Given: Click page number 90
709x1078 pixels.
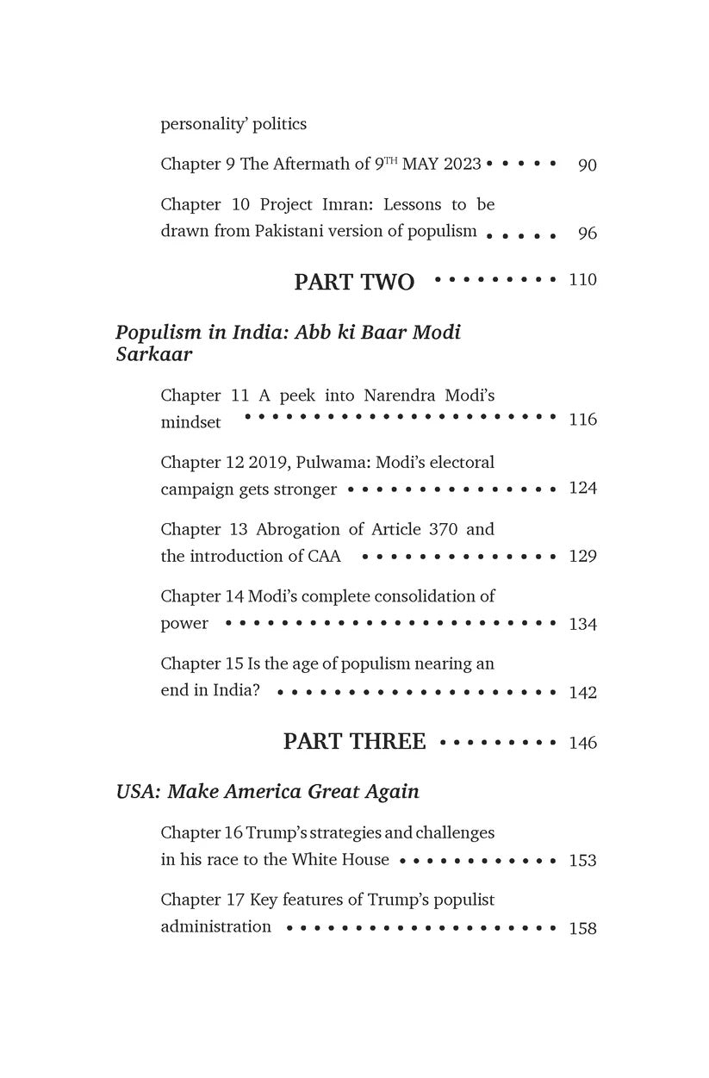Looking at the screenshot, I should tap(587, 165).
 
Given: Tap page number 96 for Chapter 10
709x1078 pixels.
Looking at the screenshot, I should tap(587, 234).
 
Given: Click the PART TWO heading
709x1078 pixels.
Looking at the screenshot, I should tap(354, 282).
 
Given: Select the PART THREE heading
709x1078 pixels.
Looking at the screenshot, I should tap(354, 742).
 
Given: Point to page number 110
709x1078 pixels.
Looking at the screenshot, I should tap(582, 280).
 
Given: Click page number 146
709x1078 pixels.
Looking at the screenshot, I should tap(582, 743).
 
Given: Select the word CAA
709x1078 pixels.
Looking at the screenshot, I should tap(324, 556).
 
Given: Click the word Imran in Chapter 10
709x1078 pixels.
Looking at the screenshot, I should tap(355, 205).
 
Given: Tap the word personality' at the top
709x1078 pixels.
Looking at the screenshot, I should tap(204, 124).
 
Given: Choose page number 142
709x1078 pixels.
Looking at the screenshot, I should tap(582, 693).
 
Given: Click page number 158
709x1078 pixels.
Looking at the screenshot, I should tap(582, 929).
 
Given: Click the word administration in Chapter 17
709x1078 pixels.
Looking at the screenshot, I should tap(216, 927).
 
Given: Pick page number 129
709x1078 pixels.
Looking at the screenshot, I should tap(582, 557).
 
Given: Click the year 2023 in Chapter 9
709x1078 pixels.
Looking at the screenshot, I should tap(463, 165).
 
